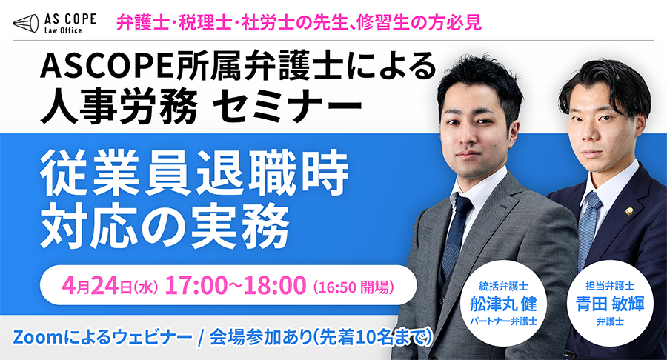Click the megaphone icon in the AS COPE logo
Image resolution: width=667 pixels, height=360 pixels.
[26, 23]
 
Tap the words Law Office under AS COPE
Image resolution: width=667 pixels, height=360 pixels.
[63, 30]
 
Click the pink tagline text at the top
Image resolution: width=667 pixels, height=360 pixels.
[299, 21]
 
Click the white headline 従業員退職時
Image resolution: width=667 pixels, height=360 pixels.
[194, 173]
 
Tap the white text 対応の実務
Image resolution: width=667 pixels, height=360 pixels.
[165, 224]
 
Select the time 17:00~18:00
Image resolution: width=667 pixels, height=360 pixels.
[235, 284]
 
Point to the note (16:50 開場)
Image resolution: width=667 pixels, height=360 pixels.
[353, 287]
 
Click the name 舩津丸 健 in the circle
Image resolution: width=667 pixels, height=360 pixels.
[503, 304]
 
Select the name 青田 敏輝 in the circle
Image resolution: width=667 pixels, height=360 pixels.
[610, 304]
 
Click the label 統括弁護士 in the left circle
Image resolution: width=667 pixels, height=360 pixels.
[503, 286]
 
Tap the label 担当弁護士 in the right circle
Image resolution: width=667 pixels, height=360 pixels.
[610, 286]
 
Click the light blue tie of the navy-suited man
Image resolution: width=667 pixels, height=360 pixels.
[588, 230]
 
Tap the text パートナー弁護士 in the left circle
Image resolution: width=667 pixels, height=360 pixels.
[503, 321]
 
